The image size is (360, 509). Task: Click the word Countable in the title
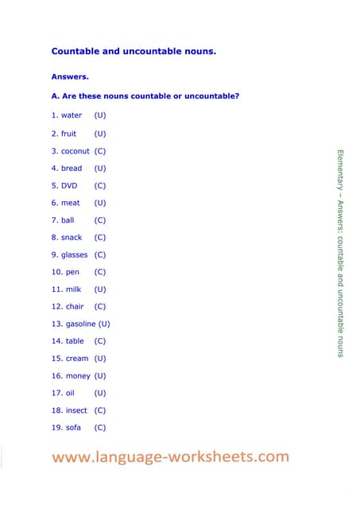pos(77,51)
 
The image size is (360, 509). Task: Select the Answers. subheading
pos(70,77)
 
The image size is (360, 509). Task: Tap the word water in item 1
pos(72,116)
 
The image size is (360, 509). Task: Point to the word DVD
pos(70,185)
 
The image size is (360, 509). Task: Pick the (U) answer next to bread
pos(100,169)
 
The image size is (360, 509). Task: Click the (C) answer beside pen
pos(100,272)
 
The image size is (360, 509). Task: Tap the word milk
pos(74,289)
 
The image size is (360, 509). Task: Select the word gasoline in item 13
pos(80,324)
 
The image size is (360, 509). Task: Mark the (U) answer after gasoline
pos(104,324)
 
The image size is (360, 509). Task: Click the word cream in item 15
pos(77,359)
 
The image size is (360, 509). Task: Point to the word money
pos(78,376)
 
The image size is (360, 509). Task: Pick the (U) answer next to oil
pos(100,393)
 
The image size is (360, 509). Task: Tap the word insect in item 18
pos(76,410)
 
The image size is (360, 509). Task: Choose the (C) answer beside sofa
pos(100,428)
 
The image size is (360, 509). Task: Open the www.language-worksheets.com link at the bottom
pos(171,457)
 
